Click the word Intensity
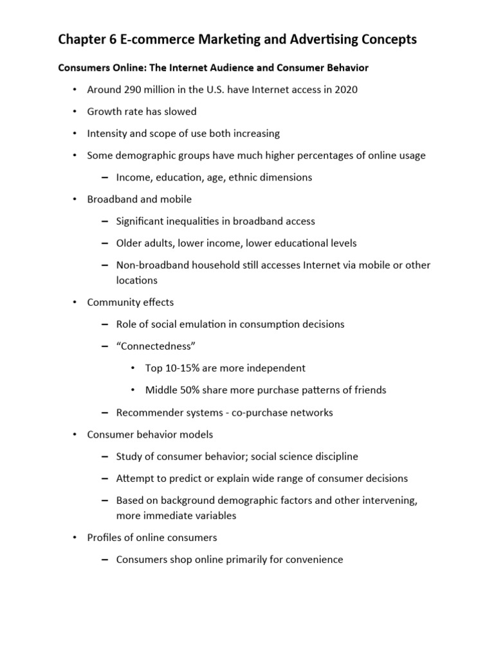tap(107, 133)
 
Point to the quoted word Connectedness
tap(156, 346)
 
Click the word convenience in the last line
tap(311, 559)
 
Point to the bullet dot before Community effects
tap(75, 302)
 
